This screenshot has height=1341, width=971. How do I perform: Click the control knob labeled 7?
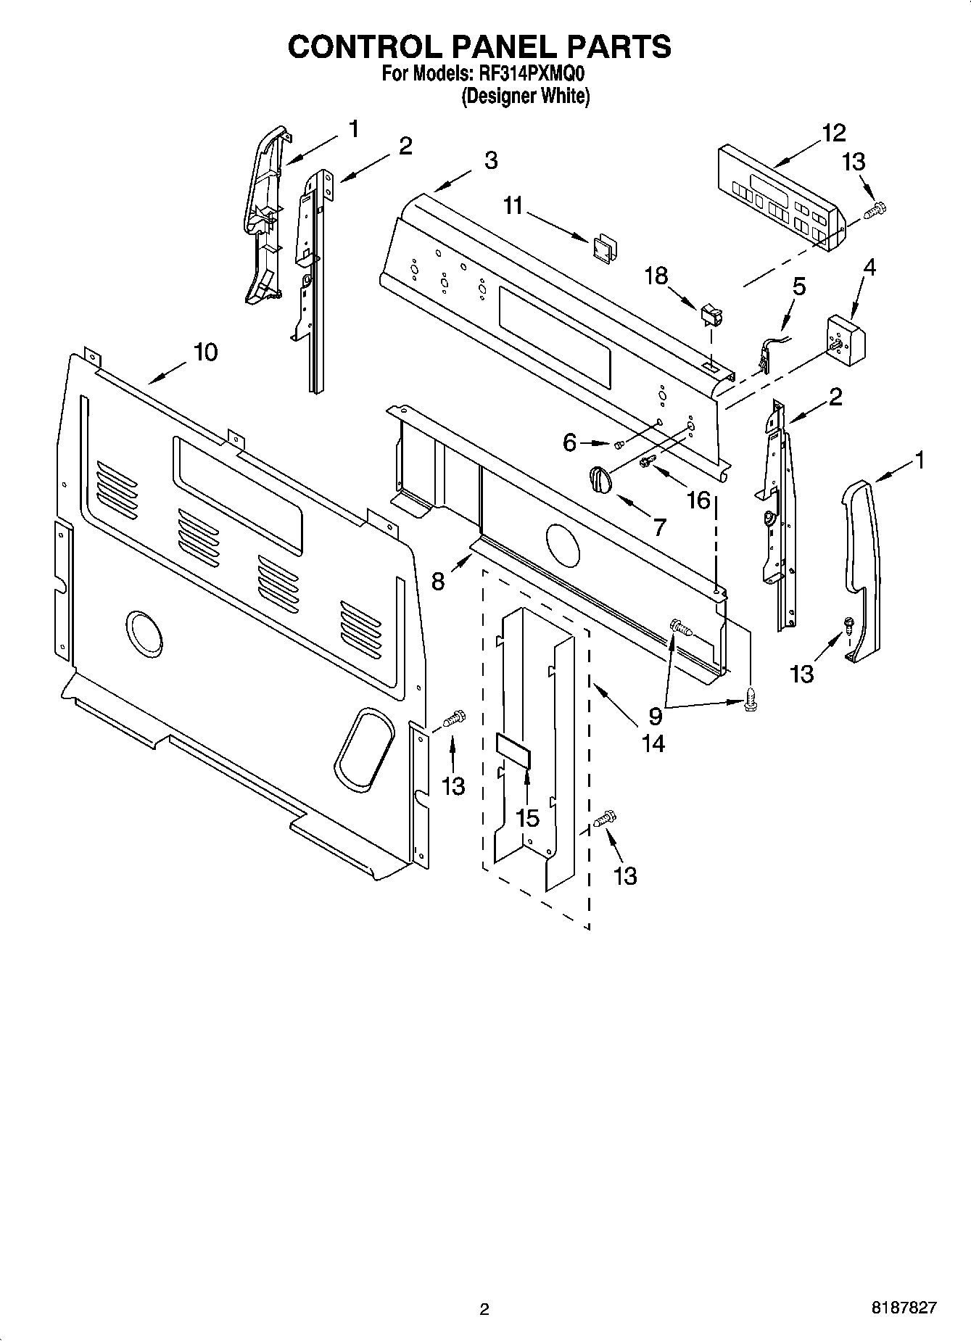click(x=600, y=479)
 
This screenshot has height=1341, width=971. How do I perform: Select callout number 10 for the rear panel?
click(x=205, y=352)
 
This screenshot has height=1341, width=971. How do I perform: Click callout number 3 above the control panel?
click(x=491, y=161)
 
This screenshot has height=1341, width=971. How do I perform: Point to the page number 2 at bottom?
click(x=484, y=1309)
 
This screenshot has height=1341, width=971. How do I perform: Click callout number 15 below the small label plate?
click(x=527, y=817)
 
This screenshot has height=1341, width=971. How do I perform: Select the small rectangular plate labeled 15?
click(x=513, y=749)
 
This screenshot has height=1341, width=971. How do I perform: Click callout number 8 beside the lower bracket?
click(x=438, y=581)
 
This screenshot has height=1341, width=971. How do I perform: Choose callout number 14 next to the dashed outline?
click(x=653, y=743)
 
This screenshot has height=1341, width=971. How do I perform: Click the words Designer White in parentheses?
click(x=526, y=96)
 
